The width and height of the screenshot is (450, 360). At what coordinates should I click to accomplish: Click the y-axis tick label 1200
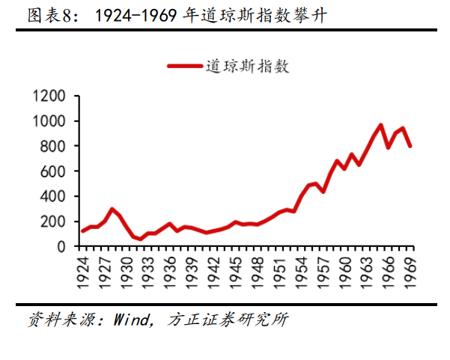pos(49,96)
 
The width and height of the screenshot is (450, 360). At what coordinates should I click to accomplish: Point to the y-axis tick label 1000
pos(49,121)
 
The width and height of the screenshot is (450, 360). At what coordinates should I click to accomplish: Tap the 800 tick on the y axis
pos(53,146)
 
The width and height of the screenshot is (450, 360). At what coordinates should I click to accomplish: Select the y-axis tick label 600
pos(53,171)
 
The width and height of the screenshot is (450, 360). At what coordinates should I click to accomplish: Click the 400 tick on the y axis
pos(53,196)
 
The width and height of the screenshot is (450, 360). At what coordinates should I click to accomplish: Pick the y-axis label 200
pos(53,222)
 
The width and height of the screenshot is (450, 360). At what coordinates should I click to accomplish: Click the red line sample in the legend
pos(185,66)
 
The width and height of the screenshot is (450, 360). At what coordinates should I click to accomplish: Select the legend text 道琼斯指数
pos(248,66)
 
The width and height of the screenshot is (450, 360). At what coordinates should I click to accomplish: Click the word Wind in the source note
pos(133,320)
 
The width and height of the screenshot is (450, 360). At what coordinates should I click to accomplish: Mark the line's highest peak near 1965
pos(381,125)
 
